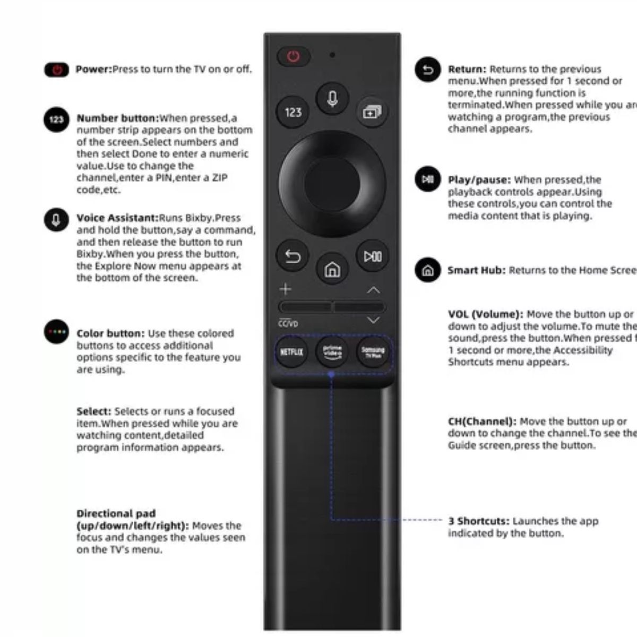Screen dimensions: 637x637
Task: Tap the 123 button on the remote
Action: click(293, 112)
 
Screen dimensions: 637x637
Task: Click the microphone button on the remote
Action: click(332, 98)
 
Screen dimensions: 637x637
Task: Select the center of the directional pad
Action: click(332, 184)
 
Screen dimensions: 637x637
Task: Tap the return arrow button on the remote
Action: click(292, 257)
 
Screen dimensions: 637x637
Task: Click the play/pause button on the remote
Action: click(373, 257)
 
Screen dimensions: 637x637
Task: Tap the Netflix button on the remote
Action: click(291, 351)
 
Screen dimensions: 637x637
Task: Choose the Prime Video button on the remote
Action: click(332, 351)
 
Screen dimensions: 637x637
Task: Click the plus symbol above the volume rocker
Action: click(286, 289)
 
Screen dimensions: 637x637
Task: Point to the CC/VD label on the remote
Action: click(288, 324)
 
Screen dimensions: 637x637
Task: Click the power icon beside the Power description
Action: click(56, 70)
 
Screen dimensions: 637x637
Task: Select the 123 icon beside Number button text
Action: click(56, 119)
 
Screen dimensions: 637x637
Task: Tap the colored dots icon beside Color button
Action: click(56, 332)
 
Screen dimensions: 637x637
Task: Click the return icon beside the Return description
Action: click(428, 70)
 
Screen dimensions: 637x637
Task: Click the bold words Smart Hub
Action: click(476, 270)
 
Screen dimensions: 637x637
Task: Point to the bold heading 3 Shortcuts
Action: click(478, 521)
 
